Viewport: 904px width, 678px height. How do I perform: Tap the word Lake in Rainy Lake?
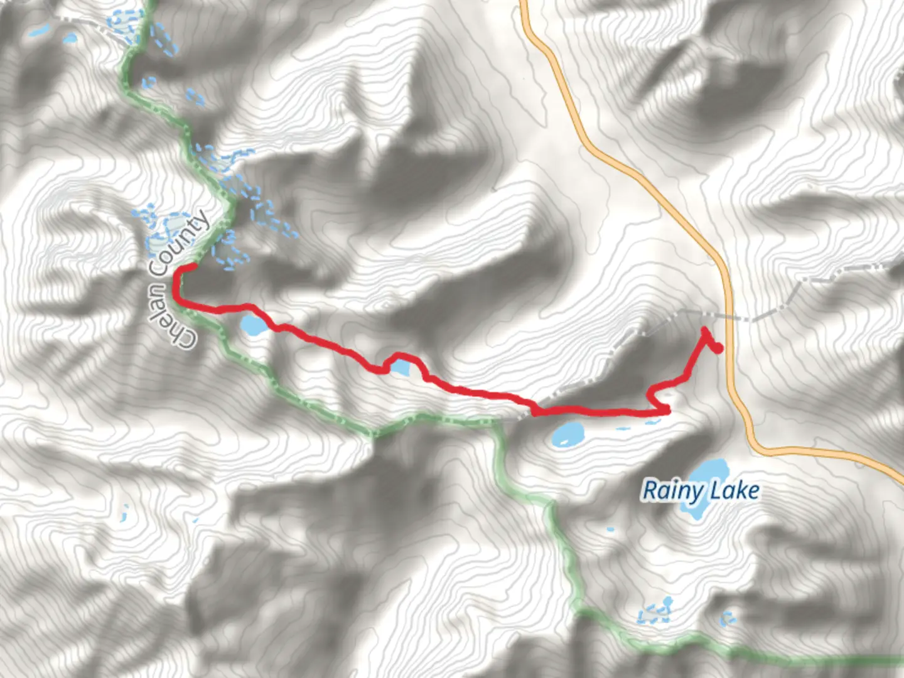[x=735, y=490]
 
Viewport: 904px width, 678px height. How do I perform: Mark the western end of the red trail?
[x=193, y=266]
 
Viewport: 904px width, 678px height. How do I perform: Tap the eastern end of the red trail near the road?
[x=718, y=348]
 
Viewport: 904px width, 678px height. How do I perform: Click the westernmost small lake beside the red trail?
[x=254, y=325]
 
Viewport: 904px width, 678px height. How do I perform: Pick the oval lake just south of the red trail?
[x=567, y=434]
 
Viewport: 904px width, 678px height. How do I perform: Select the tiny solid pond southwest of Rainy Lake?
[x=610, y=530]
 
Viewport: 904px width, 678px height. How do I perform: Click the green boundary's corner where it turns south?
[x=496, y=424]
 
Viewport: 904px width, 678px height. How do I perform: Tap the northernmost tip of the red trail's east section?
[x=704, y=330]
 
